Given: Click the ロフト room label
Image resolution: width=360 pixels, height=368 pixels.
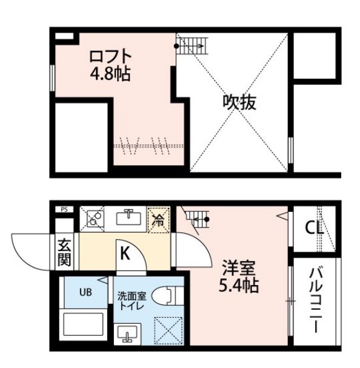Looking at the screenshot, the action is [x=110, y=56].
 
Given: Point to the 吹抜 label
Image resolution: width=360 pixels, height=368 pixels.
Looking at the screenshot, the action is [x=239, y=103].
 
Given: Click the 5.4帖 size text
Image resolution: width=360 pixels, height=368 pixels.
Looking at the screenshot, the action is [x=239, y=285].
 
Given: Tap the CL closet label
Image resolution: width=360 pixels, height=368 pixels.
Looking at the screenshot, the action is [x=314, y=228].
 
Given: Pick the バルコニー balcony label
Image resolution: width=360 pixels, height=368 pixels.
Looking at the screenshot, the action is [x=316, y=301].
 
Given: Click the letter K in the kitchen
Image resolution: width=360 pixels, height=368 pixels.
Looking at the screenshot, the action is [x=125, y=254].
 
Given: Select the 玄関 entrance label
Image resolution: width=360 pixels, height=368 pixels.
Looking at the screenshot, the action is [x=64, y=252].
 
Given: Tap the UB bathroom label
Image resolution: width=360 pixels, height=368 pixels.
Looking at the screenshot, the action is [x=85, y=292].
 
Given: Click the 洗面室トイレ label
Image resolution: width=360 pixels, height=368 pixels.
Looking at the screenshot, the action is [x=132, y=301].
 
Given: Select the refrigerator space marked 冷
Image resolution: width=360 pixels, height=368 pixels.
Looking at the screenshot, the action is [x=158, y=220].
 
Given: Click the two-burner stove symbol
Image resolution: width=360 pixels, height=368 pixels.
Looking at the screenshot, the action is [x=95, y=218].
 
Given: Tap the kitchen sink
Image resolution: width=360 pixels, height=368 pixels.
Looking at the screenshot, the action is [x=128, y=217].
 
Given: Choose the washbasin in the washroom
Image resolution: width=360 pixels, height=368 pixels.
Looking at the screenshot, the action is [x=127, y=334].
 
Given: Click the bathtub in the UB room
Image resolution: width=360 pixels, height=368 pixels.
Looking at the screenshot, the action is [x=84, y=324].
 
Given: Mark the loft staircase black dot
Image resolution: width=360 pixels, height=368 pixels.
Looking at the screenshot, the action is [x=176, y=46].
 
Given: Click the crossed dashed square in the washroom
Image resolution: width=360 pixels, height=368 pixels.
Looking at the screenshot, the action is [x=168, y=330].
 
